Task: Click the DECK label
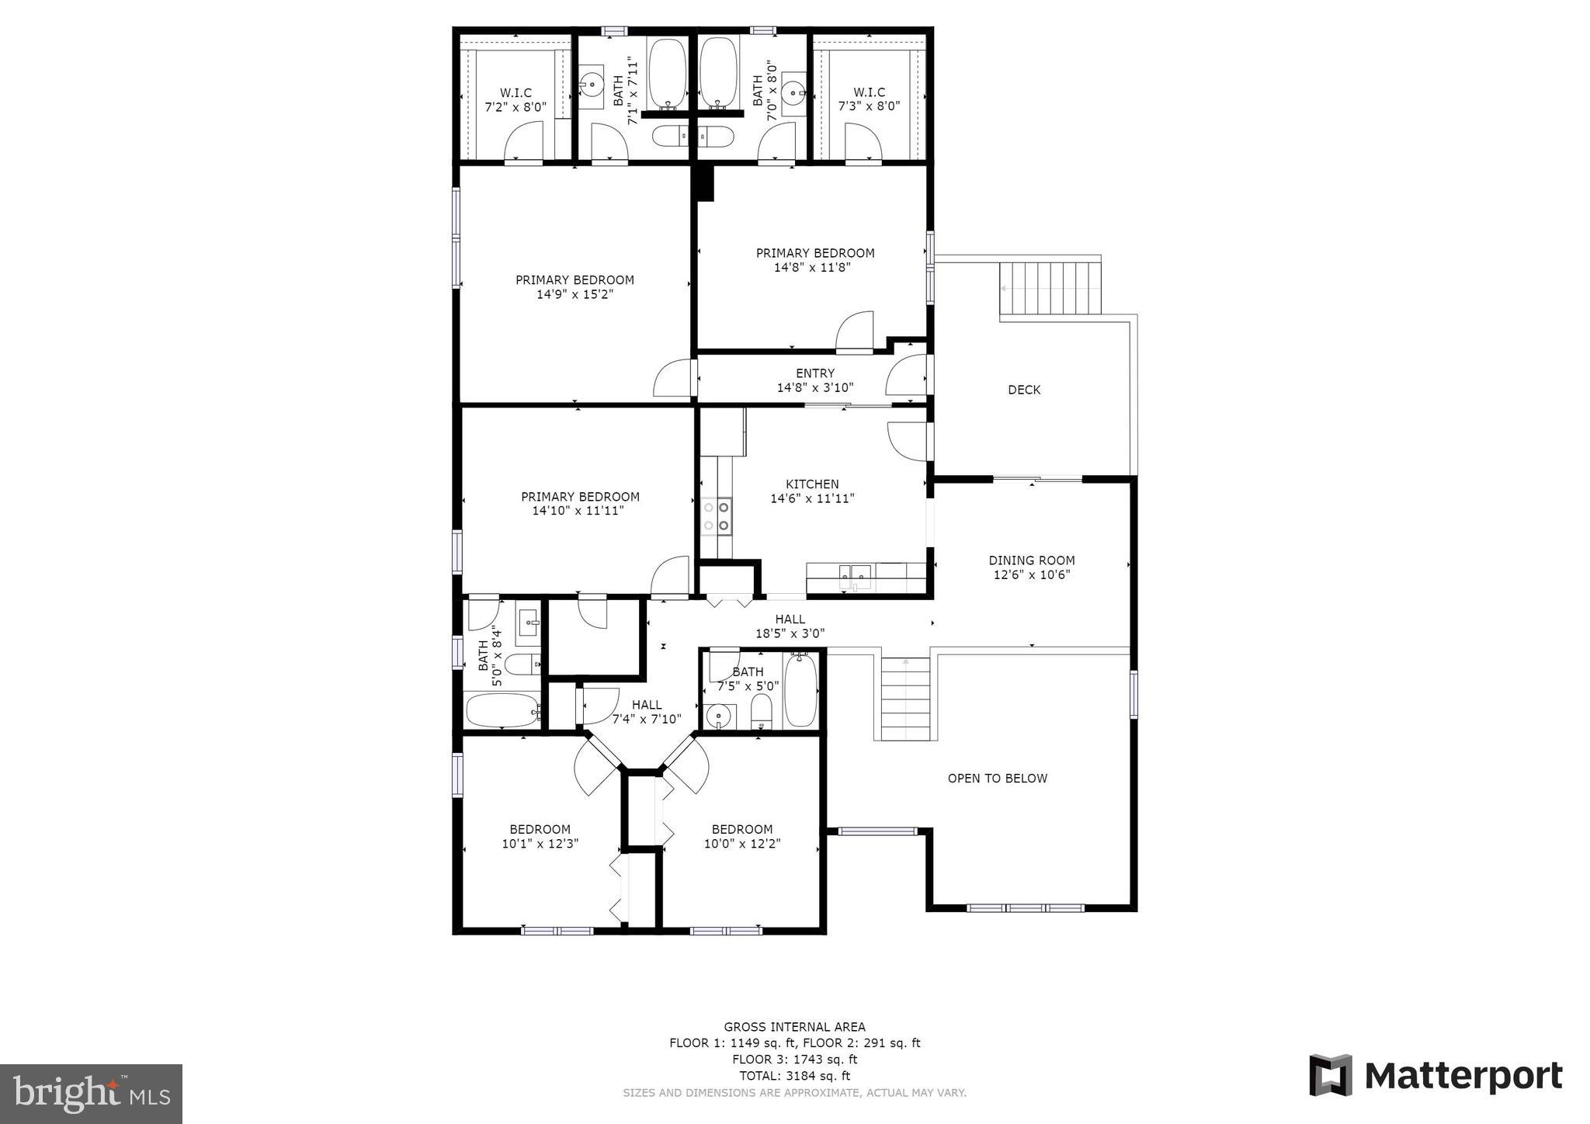1024,390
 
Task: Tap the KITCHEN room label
812,484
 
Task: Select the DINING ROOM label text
1032,560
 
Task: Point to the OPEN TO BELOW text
997,779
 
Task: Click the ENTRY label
815,373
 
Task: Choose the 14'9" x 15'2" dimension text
575,295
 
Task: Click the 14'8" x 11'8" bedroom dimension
812,268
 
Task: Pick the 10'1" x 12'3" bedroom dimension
540,844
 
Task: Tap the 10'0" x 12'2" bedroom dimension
742,844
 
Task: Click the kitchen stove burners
716,517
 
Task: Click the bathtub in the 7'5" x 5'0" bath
800,689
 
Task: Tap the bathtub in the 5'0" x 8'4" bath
502,709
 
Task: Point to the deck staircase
1050,288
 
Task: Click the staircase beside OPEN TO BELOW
905,699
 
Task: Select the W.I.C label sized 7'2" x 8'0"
516,93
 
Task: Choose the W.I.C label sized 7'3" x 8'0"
869,92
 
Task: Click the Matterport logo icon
1331,1075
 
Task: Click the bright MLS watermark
92,1095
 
